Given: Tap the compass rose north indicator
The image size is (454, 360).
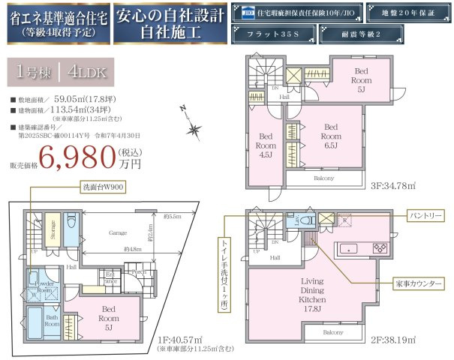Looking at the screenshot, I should [x=194, y=130].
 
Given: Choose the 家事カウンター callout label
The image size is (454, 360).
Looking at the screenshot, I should [x=416, y=283].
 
